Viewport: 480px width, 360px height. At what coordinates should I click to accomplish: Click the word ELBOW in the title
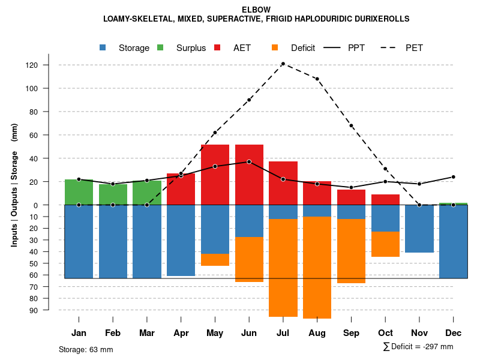[x=256, y=10]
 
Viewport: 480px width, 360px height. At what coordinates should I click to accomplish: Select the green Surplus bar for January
[x=79, y=192]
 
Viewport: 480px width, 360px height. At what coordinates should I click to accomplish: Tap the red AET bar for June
[x=249, y=174]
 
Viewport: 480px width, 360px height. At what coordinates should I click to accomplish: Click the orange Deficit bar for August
[x=317, y=267]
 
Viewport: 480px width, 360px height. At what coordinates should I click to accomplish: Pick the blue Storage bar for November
[x=419, y=229]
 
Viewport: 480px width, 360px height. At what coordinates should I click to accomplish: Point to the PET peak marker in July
[x=283, y=64]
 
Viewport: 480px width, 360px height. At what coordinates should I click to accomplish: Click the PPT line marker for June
[x=249, y=162]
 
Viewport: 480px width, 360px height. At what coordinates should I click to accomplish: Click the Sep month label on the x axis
[x=351, y=333]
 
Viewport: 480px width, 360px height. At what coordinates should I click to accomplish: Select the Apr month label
[x=181, y=333]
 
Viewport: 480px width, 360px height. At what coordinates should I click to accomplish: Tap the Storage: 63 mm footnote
[x=86, y=349]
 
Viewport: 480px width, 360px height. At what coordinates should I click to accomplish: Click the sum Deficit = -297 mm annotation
[x=418, y=346]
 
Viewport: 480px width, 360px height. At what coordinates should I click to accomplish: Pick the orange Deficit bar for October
[x=385, y=244]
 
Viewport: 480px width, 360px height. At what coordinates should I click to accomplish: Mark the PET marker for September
[x=351, y=125]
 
